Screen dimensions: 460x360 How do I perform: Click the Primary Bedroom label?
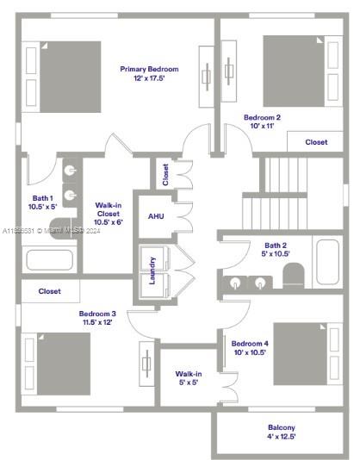point(149,73)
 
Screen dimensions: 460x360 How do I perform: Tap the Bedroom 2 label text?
point(262,121)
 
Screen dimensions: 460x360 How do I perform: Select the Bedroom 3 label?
point(97,318)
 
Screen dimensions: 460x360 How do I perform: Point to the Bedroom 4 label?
point(250,347)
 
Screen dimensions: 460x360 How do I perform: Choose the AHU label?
point(156,216)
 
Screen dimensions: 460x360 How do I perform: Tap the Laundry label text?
point(152,270)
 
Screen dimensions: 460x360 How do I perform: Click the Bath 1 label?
point(41,202)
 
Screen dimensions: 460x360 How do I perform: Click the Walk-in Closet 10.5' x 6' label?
point(109,213)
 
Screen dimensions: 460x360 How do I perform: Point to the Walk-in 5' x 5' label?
point(189,378)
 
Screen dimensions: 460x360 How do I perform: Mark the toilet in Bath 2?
point(294,277)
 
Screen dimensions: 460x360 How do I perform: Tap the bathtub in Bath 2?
point(327,262)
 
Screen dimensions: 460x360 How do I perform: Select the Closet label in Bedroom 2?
point(316,142)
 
